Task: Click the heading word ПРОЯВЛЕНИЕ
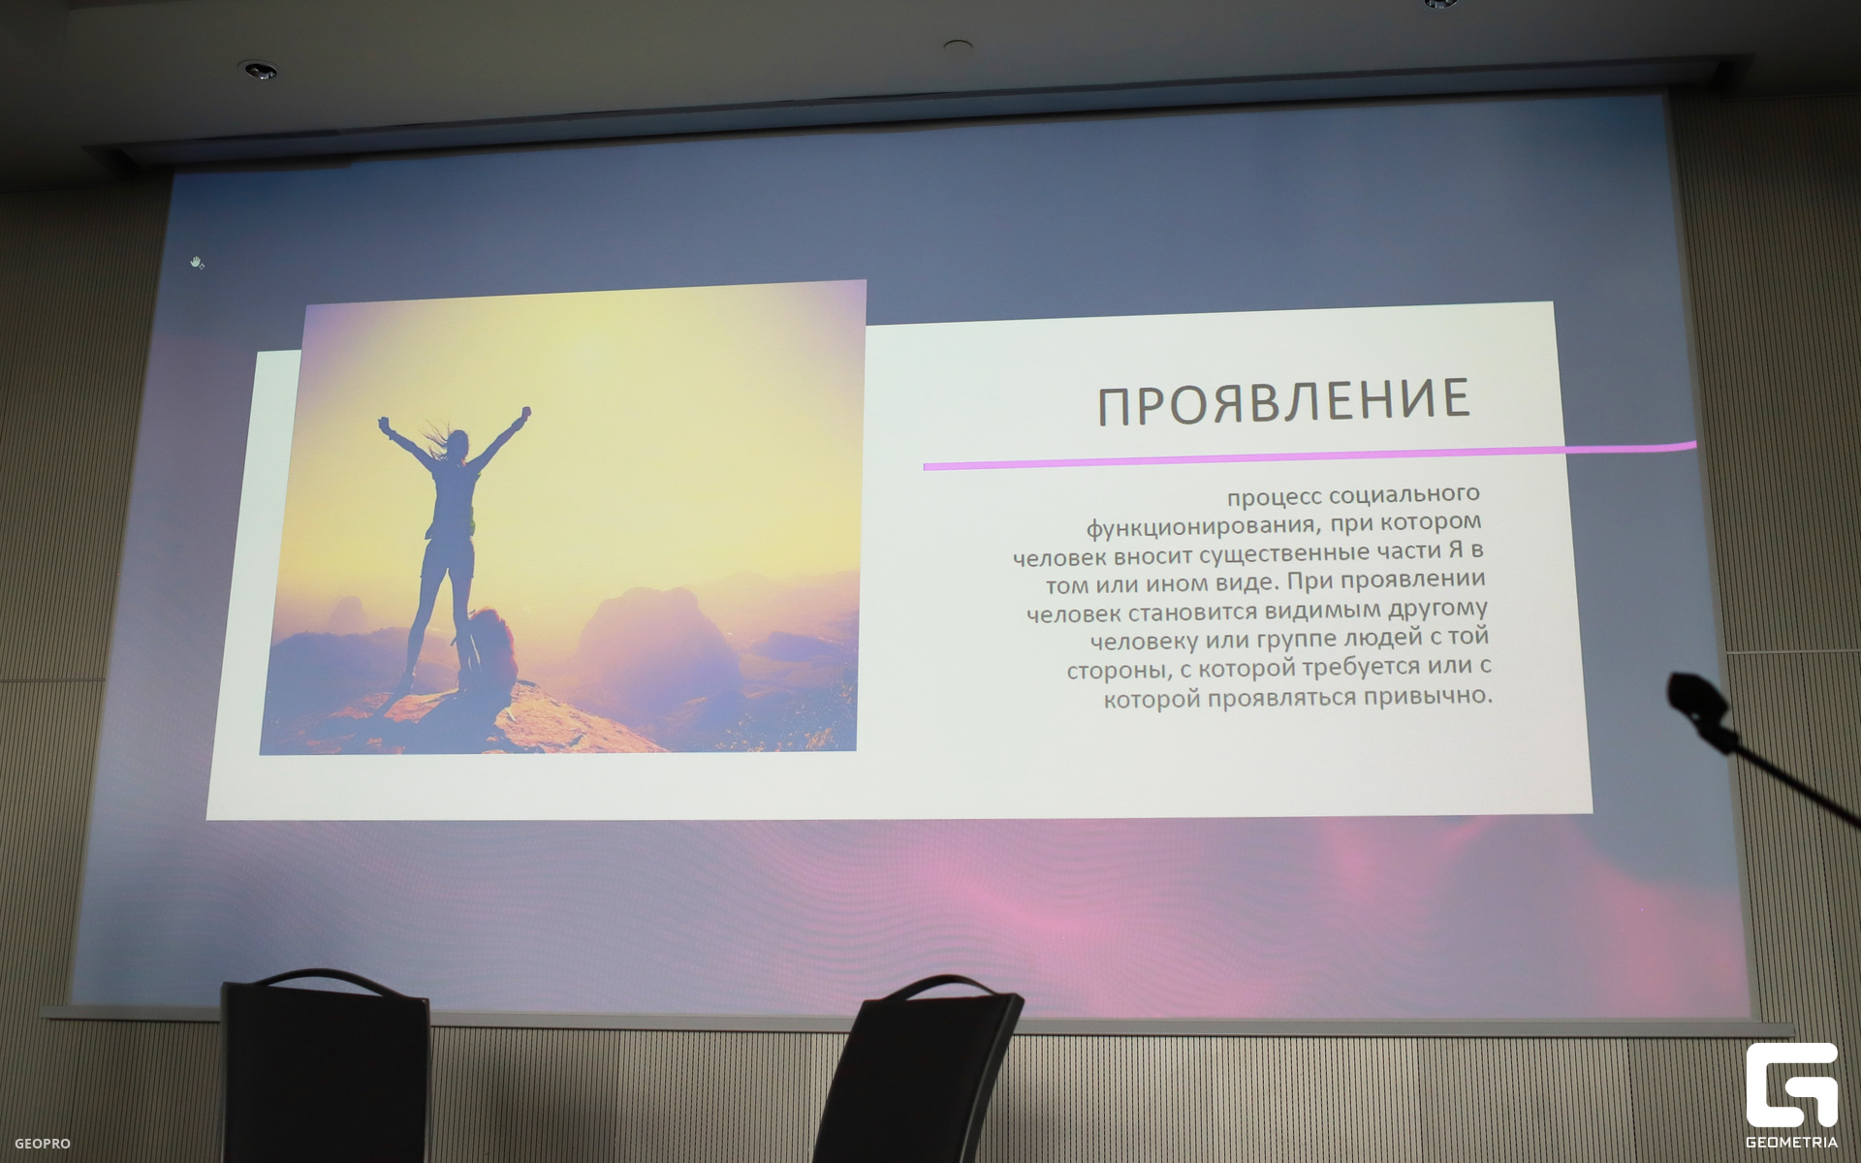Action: pyautogui.click(x=1283, y=401)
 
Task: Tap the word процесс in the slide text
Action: pyautogui.click(x=1275, y=498)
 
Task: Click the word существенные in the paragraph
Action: pyautogui.click(x=1280, y=555)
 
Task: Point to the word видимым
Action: pyautogui.click(x=1323, y=612)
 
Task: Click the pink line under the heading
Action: pyautogui.click(x=1309, y=456)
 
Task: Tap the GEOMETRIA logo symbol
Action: pyautogui.click(x=1791, y=1084)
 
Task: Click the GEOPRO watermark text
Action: pyautogui.click(x=42, y=1144)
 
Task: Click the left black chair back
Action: pyautogui.click(x=326, y=1066)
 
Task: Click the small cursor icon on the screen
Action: pyautogui.click(x=198, y=263)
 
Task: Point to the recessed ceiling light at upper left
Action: pyautogui.click(x=258, y=70)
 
